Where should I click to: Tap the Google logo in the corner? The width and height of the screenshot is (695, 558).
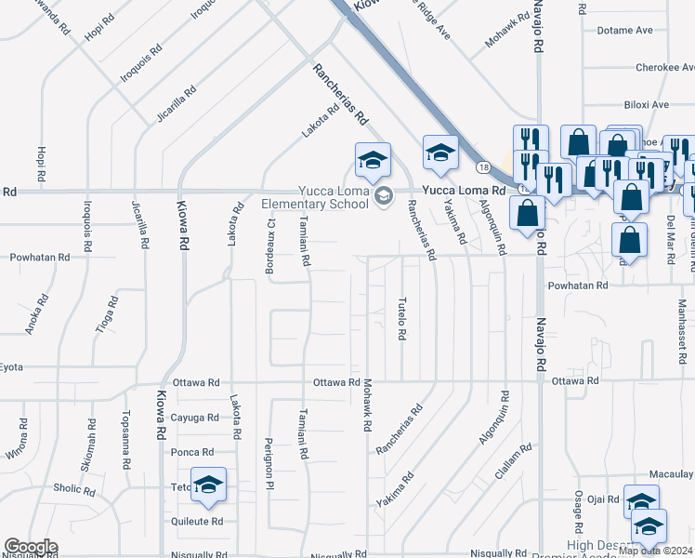click(x=31, y=547)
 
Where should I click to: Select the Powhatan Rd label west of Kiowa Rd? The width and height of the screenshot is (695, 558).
click(x=39, y=257)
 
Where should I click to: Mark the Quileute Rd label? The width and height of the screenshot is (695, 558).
click(x=197, y=522)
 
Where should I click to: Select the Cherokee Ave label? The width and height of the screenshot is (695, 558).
click(x=665, y=68)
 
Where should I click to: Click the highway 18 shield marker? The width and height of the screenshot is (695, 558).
click(x=483, y=167)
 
